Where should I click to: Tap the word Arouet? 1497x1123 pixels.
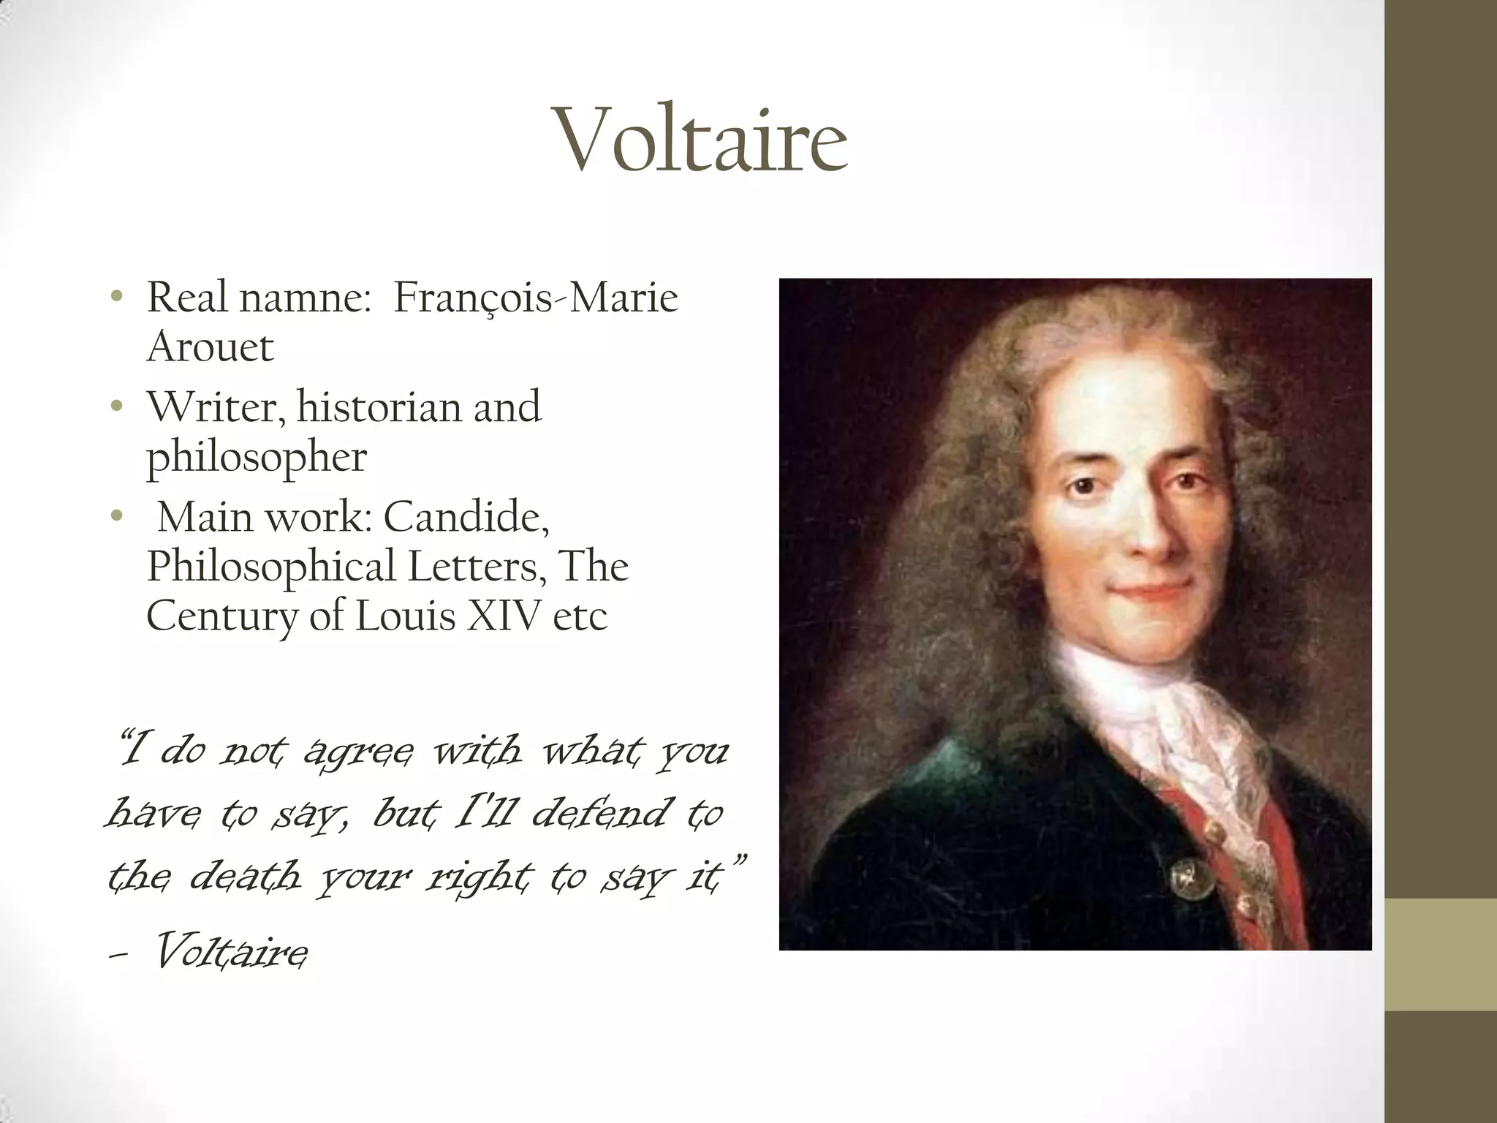[210, 347]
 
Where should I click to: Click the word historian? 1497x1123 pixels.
[379, 407]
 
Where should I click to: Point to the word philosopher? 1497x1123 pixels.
[256, 458]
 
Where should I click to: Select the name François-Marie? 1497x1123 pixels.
[536, 298]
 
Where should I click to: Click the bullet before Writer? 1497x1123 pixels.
[115, 407]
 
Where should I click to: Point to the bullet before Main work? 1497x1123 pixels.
[115, 516]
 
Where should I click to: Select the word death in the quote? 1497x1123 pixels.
[245, 876]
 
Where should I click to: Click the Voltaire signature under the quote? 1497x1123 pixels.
[230, 952]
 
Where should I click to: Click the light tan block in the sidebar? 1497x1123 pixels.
[1441, 954]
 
